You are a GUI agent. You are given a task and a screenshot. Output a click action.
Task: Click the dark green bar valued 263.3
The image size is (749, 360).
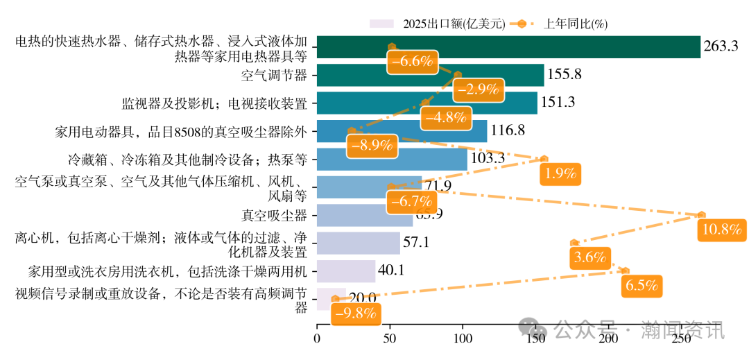point(555,47)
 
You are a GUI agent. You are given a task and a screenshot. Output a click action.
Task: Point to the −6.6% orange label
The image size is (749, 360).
point(412,61)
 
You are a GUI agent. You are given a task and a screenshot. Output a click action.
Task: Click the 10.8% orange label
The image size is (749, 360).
point(722,230)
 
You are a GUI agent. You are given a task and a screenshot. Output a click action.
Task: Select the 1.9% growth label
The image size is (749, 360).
point(561,173)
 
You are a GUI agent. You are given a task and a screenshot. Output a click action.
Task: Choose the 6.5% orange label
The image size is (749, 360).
point(642,285)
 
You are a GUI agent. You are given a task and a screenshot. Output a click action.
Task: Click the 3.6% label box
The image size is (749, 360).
point(590,257)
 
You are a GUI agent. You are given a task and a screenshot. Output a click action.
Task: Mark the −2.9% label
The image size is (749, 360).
point(479,89)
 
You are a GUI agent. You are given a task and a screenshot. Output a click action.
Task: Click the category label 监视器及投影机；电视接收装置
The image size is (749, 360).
point(214,103)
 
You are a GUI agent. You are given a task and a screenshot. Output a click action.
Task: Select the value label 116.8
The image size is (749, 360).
point(508,130)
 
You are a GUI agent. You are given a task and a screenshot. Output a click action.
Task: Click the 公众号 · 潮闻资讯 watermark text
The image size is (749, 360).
point(638,329)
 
